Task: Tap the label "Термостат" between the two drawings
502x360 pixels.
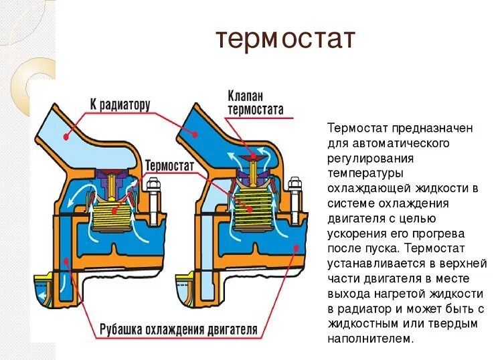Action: point(169,165)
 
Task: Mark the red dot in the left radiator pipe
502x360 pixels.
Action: point(66,137)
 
